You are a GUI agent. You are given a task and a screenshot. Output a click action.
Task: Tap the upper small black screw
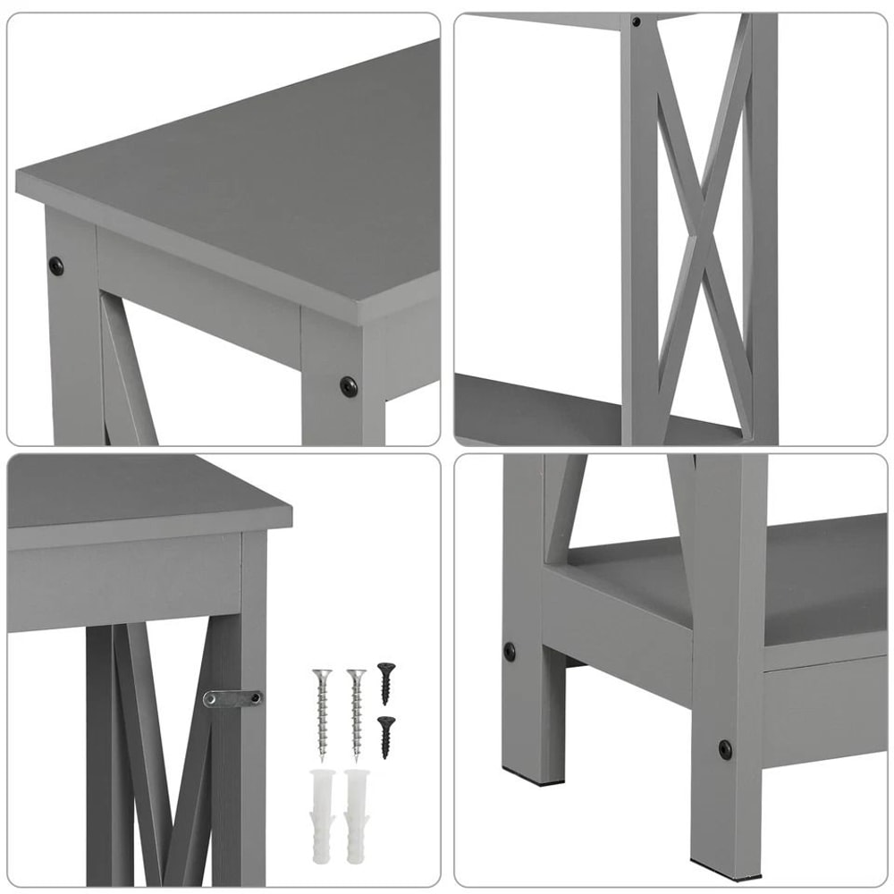click(385, 680)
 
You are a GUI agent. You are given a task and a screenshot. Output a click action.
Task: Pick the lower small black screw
click(385, 735)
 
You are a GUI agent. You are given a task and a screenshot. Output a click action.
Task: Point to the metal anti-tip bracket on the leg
click(232, 697)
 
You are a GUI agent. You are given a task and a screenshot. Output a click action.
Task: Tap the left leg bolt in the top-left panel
click(56, 265)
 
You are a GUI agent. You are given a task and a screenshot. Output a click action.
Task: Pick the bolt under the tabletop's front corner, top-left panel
click(348, 385)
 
